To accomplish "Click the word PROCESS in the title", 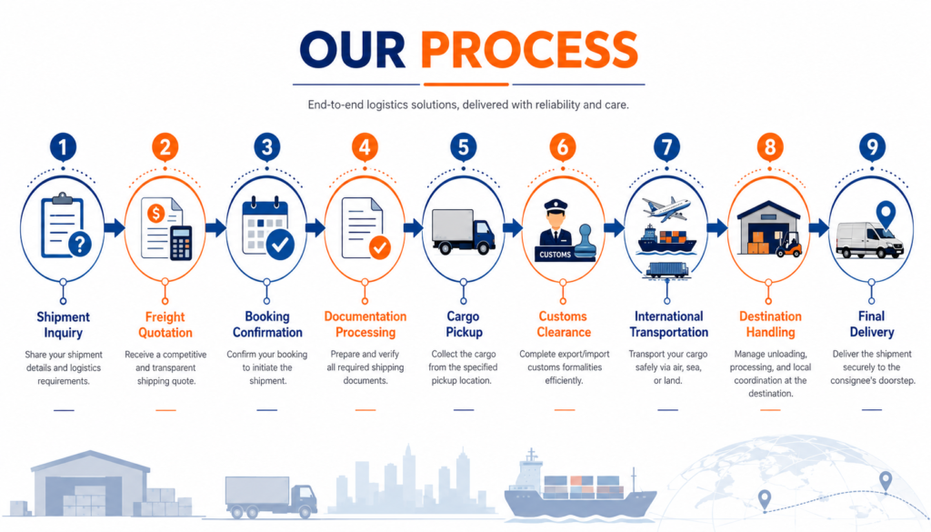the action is point(529,50).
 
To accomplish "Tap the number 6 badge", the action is point(562,146).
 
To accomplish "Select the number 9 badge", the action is point(872,146).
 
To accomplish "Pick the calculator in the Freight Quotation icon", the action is point(181,243).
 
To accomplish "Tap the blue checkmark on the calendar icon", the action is point(280,244).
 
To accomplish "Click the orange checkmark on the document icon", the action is point(380,247).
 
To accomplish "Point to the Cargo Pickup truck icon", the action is point(463,232).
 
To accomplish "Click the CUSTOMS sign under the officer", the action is point(556,255).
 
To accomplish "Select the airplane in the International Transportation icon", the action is point(666,209).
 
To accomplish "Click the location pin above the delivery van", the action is point(886,215).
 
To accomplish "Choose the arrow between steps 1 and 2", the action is point(115,227).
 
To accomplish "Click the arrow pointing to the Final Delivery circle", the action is point(819,227).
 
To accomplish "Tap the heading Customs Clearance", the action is point(564,324).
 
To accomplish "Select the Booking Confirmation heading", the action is point(267,324).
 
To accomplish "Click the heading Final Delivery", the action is point(872,324).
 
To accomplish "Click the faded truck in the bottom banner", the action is point(271,497).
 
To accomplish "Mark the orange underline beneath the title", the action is point(466,85).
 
